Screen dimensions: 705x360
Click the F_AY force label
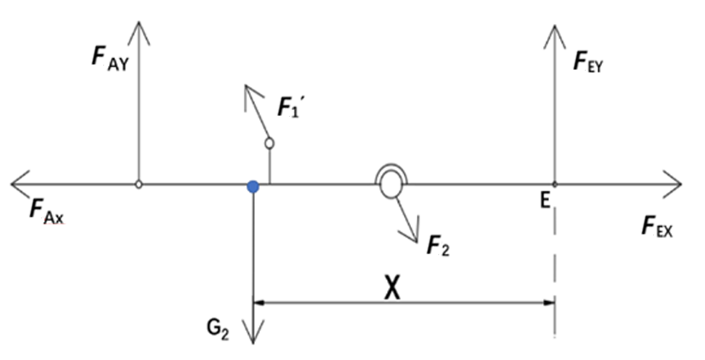[x=110, y=58]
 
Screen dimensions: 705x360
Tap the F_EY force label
[x=587, y=61]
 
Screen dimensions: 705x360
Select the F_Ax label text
[x=47, y=211]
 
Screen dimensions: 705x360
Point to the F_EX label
[x=657, y=226]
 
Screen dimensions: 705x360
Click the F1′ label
[x=289, y=107]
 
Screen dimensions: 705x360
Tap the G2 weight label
[x=218, y=329]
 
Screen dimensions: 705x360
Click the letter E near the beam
[x=546, y=200]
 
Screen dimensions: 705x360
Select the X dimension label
[x=392, y=288]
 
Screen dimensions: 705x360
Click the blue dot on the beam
[x=253, y=187]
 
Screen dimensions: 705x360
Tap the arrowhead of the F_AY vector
[x=139, y=32]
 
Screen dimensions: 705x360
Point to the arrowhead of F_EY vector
[x=555, y=35]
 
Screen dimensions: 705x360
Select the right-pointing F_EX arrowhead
[x=672, y=184]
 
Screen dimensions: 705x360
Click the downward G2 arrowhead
[x=253, y=332]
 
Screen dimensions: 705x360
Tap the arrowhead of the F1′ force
[x=251, y=96]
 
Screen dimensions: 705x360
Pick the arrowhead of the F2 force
[x=411, y=230]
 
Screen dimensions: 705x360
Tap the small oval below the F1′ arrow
[x=269, y=143]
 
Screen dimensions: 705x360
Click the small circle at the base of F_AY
[x=139, y=184]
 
